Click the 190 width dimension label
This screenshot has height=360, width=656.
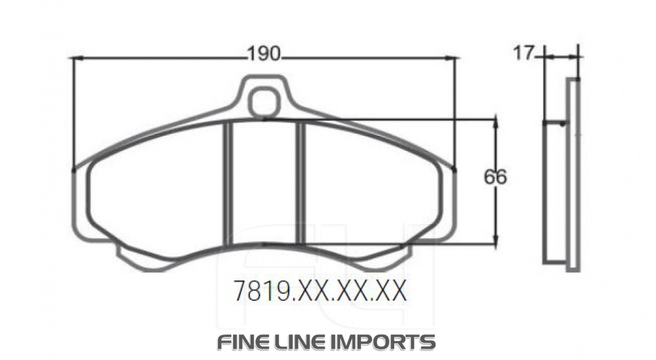(x=264, y=54)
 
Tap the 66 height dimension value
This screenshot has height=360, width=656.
(x=496, y=177)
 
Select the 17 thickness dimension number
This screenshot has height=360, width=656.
(x=524, y=53)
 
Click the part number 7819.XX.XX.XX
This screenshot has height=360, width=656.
(x=321, y=290)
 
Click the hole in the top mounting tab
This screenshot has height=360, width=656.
(x=265, y=102)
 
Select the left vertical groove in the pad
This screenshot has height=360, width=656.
(x=229, y=184)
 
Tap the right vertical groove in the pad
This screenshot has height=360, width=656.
(x=301, y=184)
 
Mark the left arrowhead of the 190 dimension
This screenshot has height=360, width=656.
(x=76, y=58)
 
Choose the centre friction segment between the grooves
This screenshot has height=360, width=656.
(x=265, y=184)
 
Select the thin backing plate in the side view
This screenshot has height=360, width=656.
(x=573, y=174)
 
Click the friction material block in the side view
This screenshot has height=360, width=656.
(x=555, y=193)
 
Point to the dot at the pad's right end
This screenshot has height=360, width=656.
(x=455, y=170)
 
